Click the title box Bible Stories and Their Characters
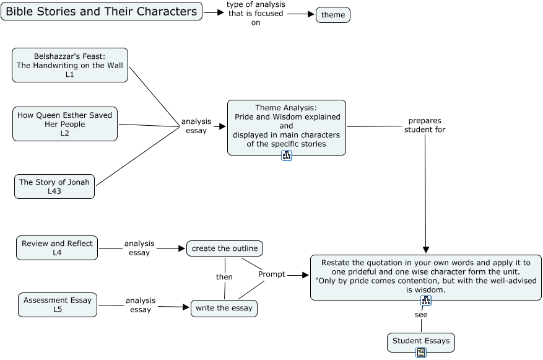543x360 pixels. click(102, 11)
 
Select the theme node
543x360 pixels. click(333, 15)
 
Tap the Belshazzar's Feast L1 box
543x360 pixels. click(70, 65)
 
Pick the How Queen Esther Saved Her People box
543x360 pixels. click(65, 124)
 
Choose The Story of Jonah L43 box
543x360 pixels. click(54, 187)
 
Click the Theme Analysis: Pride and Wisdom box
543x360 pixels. click(286, 126)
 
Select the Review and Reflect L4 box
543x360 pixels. click(57, 248)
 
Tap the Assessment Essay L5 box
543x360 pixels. click(58, 305)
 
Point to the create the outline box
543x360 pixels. click(225, 248)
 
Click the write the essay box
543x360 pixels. click(224, 308)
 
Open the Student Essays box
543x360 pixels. click(421, 341)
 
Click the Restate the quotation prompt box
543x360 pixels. click(425, 276)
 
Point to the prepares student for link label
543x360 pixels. click(425, 125)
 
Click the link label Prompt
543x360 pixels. click(272, 274)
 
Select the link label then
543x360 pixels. click(224, 277)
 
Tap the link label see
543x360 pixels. click(421, 314)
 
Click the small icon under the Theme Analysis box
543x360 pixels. click(287, 156)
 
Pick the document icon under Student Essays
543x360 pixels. click(421, 353)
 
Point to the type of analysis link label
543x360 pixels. click(255, 14)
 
